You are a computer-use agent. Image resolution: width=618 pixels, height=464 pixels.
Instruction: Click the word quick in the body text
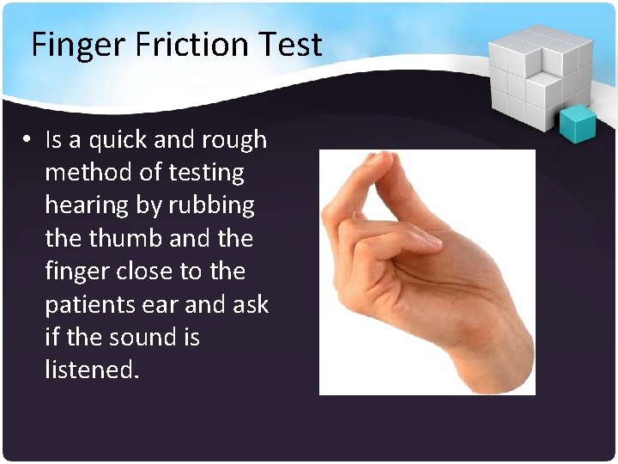click(117, 140)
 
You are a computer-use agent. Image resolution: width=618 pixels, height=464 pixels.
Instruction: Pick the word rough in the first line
click(234, 140)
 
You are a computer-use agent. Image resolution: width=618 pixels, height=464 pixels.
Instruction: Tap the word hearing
click(89, 206)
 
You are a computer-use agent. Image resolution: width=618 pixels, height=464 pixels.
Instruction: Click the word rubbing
click(211, 206)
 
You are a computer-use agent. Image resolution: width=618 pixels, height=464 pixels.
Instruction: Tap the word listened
click(90, 369)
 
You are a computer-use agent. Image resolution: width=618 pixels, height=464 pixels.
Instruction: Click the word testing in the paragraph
click(206, 173)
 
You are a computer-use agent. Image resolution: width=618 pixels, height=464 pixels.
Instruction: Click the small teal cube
click(577, 124)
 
